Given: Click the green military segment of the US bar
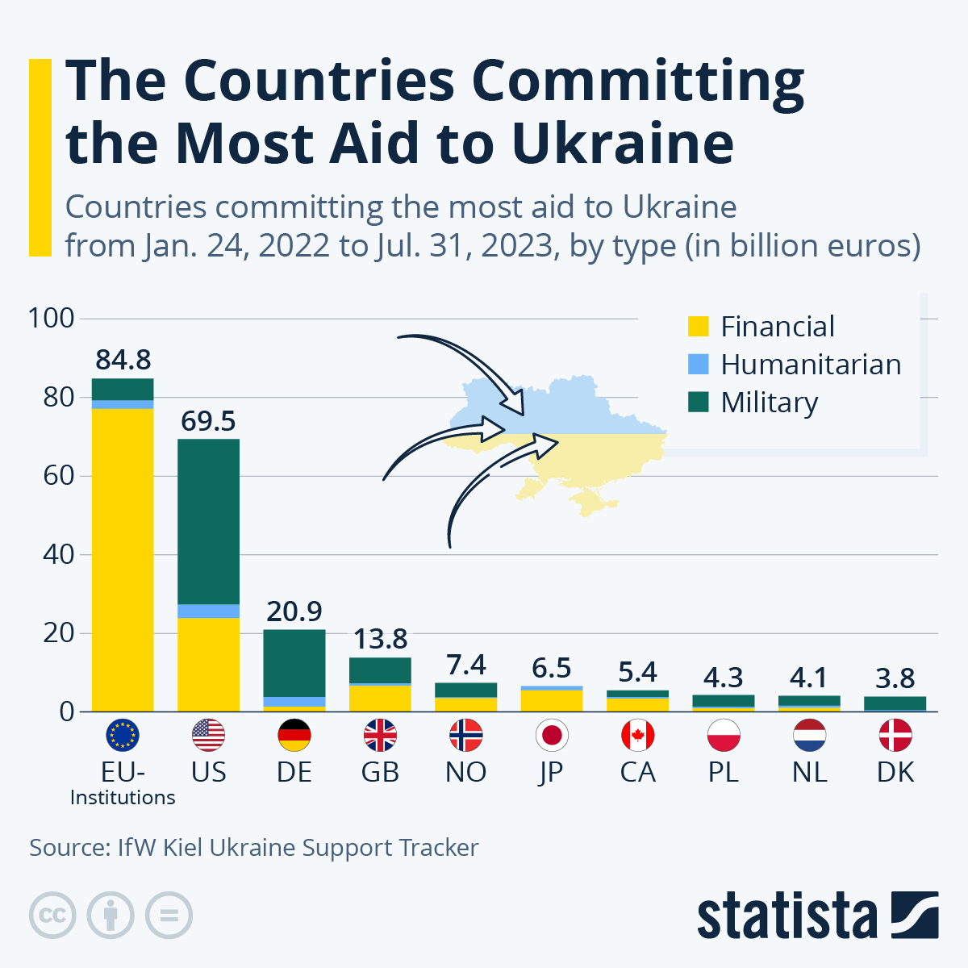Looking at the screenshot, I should [x=208, y=520].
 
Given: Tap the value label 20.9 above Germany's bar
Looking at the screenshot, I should [x=294, y=611].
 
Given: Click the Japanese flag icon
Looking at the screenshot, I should [x=552, y=735].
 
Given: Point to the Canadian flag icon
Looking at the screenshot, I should [x=637, y=735].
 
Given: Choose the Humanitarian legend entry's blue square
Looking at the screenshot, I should [x=698, y=364].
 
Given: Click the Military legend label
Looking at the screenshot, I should [x=769, y=402].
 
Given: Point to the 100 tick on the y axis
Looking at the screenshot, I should [x=52, y=318].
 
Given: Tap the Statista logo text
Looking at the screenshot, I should [x=786, y=916].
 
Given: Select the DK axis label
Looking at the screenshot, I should [x=895, y=772].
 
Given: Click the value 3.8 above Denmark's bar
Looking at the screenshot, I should [x=895, y=678].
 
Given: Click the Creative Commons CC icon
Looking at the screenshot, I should [x=52, y=916].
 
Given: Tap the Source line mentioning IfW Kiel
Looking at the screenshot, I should [x=254, y=848].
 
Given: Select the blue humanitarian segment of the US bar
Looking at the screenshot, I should [x=208, y=611].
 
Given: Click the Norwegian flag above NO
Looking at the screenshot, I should [x=465, y=735].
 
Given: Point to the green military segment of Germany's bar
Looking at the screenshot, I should [x=294, y=662].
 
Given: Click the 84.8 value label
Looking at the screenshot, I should [x=123, y=360].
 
